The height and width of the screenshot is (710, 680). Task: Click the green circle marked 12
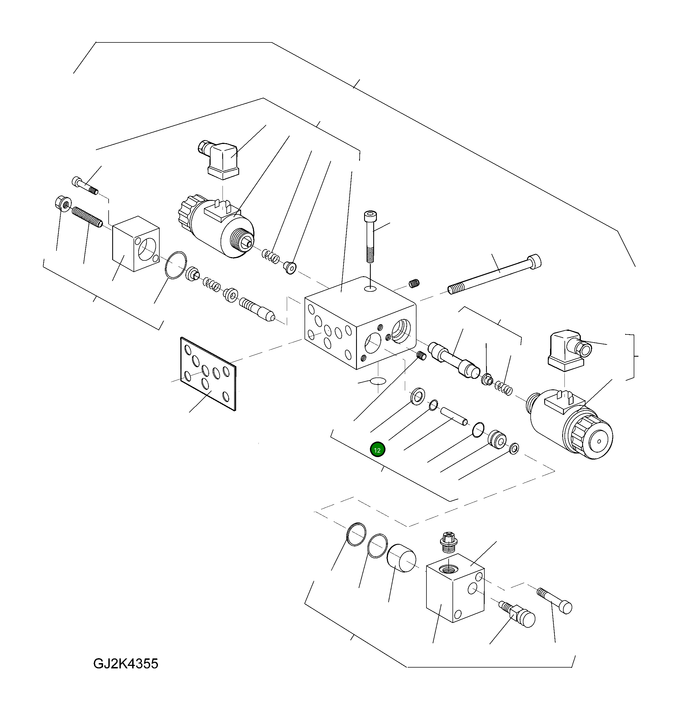click(377, 450)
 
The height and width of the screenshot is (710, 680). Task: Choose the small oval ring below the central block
click(377, 381)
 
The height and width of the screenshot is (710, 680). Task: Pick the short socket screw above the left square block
click(85, 186)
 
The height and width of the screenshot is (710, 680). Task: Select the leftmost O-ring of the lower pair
click(356, 534)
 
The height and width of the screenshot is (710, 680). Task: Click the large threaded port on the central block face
click(401, 330)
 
